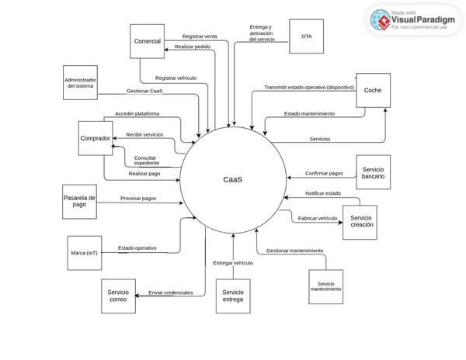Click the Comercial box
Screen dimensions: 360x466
[148, 41]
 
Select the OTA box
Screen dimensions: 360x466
[306, 36]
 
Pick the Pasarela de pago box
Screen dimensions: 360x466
[79, 202]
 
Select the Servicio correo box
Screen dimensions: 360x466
[118, 296]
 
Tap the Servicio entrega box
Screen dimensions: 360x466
[232, 296]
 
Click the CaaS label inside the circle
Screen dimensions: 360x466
[233, 179]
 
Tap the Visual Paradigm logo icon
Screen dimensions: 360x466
[380, 20]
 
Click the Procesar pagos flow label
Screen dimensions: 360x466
[138, 199]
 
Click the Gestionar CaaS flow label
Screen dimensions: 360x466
[144, 92]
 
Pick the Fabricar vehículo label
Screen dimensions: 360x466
[317, 218]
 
